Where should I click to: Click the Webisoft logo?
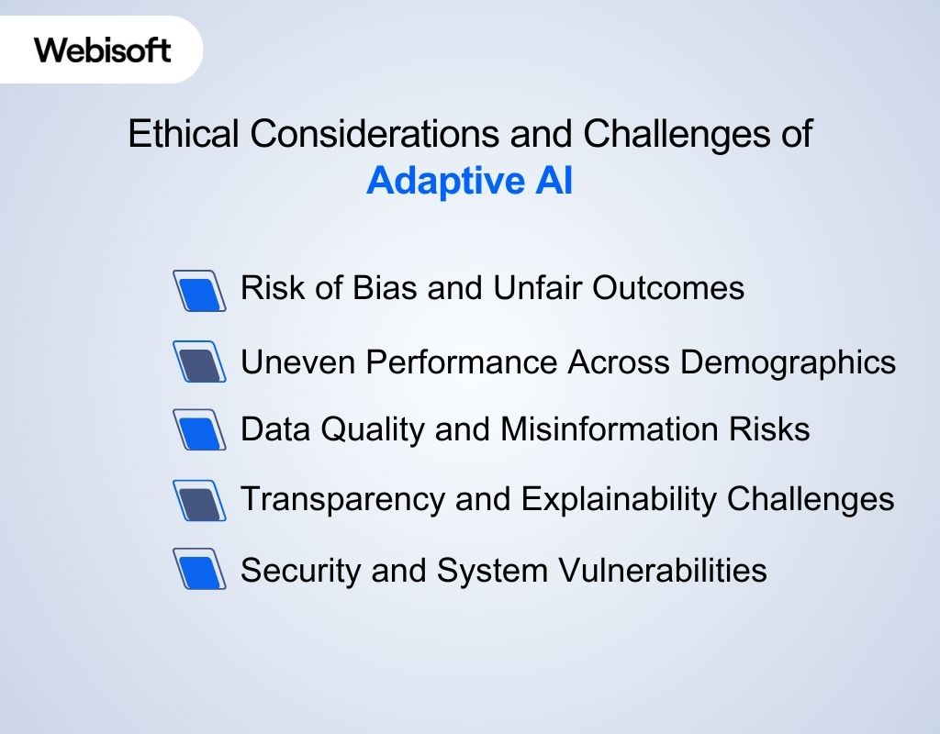(103, 50)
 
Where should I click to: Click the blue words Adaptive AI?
(469, 181)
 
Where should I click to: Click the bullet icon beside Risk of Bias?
(199, 291)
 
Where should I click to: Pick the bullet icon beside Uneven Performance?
(199, 361)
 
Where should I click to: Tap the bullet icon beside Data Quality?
(199, 430)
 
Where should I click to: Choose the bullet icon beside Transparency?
(199, 501)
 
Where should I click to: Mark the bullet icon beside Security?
(199, 570)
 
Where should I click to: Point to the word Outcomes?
(667, 288)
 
